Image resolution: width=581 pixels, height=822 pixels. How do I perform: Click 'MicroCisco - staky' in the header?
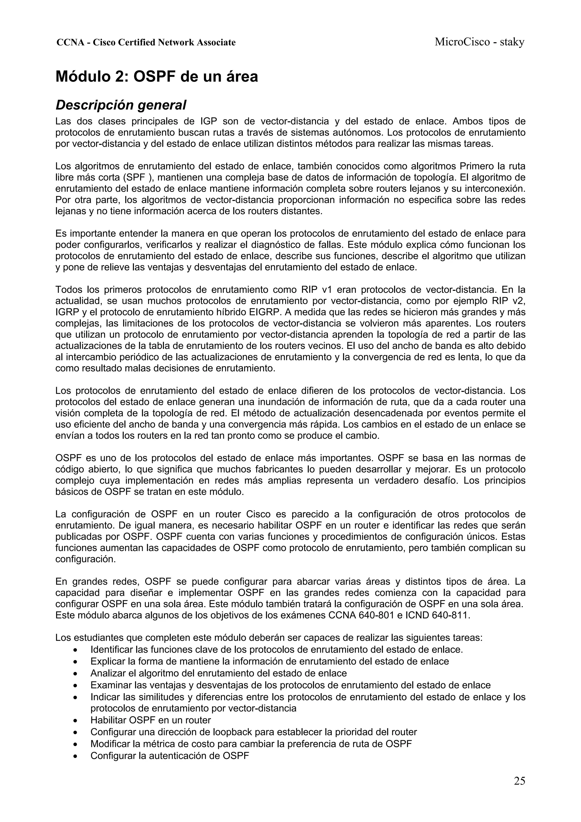coord(479,42)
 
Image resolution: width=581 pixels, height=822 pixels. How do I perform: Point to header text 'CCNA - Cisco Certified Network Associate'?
coord(146,43)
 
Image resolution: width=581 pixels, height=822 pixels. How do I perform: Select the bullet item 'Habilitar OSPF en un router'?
coord(150,720)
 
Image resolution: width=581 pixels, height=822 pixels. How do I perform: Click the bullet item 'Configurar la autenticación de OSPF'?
coord(169,756)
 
